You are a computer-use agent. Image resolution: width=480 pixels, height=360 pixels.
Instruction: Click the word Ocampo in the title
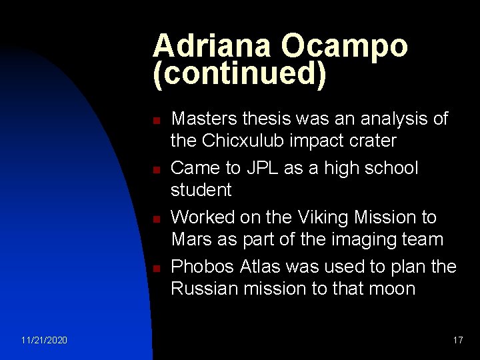point(344,47)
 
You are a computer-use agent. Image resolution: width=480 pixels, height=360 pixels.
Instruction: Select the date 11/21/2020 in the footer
point(44,341)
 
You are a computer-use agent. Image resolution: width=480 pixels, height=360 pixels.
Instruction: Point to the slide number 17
point(457,341)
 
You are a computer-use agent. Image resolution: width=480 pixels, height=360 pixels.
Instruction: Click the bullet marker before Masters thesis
point(155,121)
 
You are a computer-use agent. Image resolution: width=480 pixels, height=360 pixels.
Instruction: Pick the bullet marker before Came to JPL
point(155,171)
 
